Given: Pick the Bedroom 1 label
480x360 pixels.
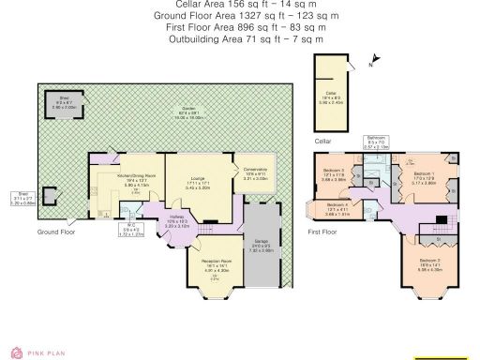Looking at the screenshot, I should (423, 175).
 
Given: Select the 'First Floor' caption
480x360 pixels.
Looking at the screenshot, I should (324, 230).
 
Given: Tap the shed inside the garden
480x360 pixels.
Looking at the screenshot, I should (66, 103).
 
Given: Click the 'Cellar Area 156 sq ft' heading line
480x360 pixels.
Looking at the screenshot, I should (239, 5).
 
